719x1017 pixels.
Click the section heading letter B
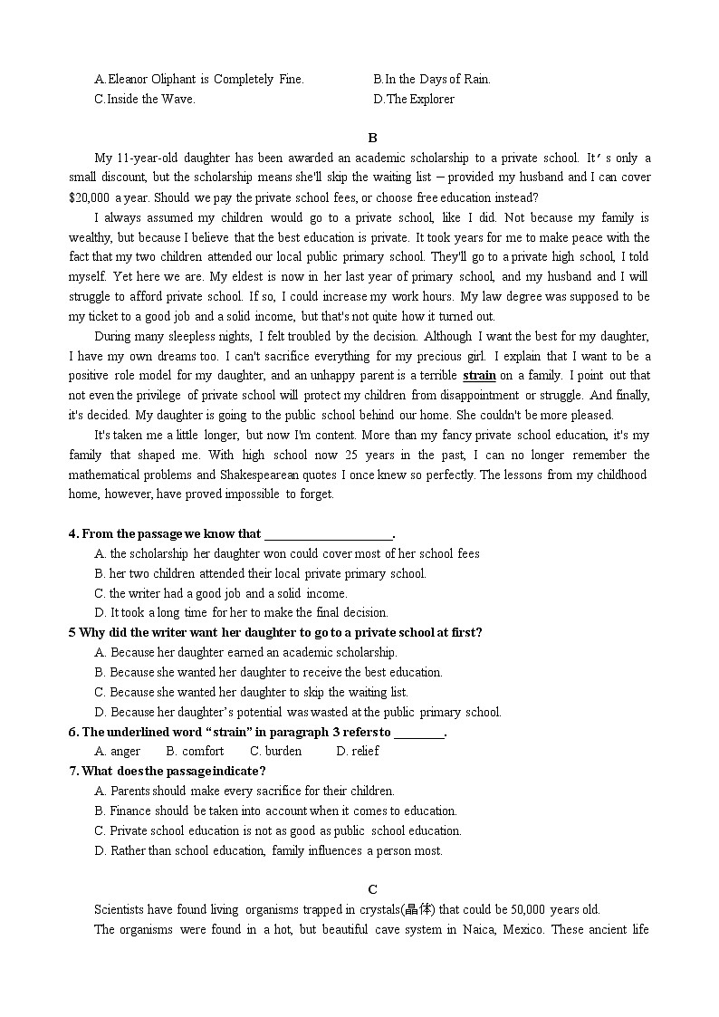tap(372, 138)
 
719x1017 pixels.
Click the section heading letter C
tap(372, 888)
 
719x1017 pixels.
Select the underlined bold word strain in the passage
tap(479, 375)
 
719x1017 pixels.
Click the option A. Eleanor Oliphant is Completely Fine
tap(199, 79)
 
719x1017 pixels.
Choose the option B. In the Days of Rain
tap(432, 79)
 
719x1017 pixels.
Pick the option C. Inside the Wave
tap(145, 99)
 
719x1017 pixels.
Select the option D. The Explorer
tap(414, 99)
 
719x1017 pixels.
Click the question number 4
tap(72, 533)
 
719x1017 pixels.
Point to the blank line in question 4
tap(328, 534)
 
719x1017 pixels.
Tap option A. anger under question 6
tap(118, 751)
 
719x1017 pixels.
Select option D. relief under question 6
tap(358, 751)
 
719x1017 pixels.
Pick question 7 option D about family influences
tap(269, 850)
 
